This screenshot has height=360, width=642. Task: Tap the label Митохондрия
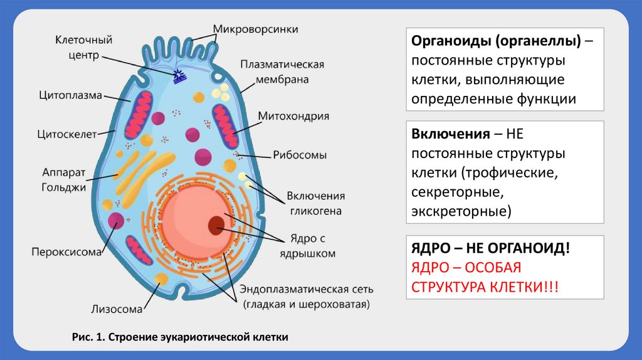click(x=294, y=116)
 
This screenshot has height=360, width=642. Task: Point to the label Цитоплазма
click(x=70, y=95)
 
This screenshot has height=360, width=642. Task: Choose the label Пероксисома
click(x=67, y=252)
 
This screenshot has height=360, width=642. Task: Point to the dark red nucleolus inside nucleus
click(x=217, y=225)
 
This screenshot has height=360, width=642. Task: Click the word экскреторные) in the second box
click(x=461, y=211)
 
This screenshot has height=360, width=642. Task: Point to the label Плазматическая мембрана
click(x=282, y=72)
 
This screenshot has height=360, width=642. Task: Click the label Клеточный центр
click(x=83, y=47)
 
